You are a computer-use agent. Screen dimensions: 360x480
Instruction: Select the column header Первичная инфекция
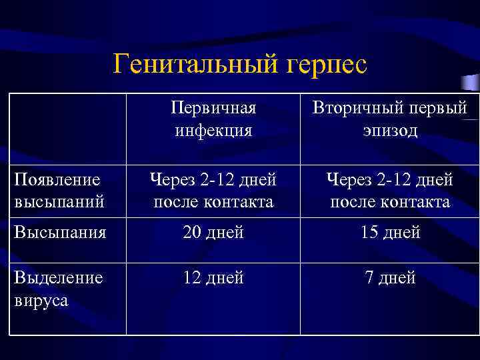click(213, 119)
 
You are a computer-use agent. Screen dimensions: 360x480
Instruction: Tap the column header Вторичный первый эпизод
click(390, 119)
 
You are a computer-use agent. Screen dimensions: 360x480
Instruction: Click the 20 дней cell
click(213, 233)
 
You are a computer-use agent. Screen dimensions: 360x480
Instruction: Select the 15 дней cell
click(390, 233)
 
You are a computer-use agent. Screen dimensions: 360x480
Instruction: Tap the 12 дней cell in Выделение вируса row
click(213, 277)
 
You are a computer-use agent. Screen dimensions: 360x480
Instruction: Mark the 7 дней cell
click(390, 277)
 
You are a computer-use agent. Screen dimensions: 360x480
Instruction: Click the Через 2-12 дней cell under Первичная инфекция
click(213, 191)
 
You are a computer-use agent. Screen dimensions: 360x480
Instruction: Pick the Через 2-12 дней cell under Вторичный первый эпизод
click(390, 191)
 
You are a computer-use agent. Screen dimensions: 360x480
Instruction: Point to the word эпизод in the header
click(390, 130)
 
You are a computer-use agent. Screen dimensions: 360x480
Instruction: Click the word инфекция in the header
click(213, 130)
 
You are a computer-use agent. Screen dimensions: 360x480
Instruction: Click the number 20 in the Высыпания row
click(193, 233)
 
